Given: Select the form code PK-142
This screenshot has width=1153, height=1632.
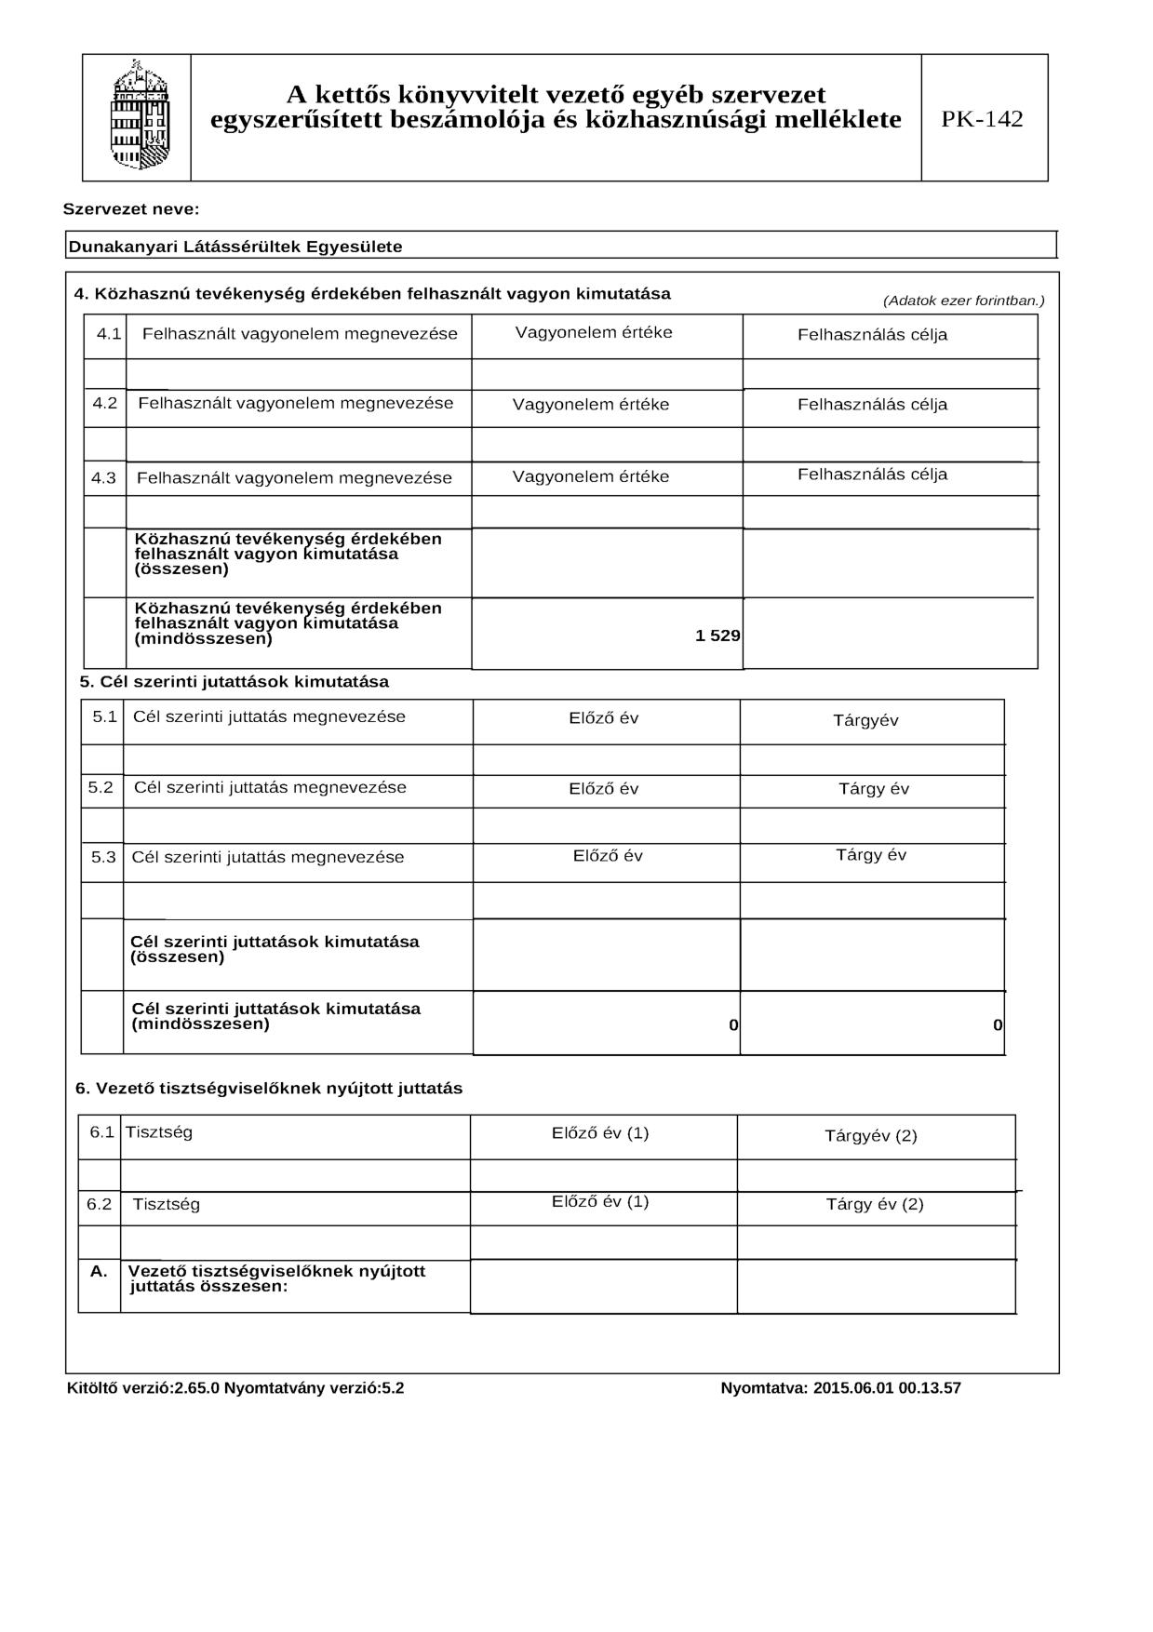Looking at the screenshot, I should [982, 119].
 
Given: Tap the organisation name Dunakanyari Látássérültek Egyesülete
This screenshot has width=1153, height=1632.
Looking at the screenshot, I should [235, 247].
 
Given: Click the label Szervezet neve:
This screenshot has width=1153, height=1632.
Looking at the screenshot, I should [131, 209].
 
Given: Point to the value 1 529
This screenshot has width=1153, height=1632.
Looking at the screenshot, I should [717, 636].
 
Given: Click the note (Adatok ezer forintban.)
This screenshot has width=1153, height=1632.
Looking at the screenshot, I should [963, 301].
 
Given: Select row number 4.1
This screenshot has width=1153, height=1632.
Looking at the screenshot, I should [109, 333].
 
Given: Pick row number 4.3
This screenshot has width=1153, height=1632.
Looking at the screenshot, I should [104, 478].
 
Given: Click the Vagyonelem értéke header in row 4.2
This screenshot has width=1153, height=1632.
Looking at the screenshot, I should [591, 405].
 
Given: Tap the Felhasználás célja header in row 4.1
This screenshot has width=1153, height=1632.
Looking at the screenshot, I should [872, 335].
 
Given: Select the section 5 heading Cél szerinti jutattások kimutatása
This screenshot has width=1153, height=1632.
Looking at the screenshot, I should [235, 682].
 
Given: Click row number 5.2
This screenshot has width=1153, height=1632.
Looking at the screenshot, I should [101, 787].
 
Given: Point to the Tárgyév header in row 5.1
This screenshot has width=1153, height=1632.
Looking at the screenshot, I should [865, 721].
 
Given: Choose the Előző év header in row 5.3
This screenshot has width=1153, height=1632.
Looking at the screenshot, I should [608, 856].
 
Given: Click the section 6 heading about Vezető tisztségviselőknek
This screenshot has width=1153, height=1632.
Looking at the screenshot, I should [269, 1089].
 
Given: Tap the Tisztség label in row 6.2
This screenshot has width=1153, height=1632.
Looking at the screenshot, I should [167, 1204].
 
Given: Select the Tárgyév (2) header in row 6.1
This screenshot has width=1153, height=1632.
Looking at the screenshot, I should [871, 1136].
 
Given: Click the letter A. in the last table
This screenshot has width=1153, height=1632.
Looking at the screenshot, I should [99, 1271].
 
